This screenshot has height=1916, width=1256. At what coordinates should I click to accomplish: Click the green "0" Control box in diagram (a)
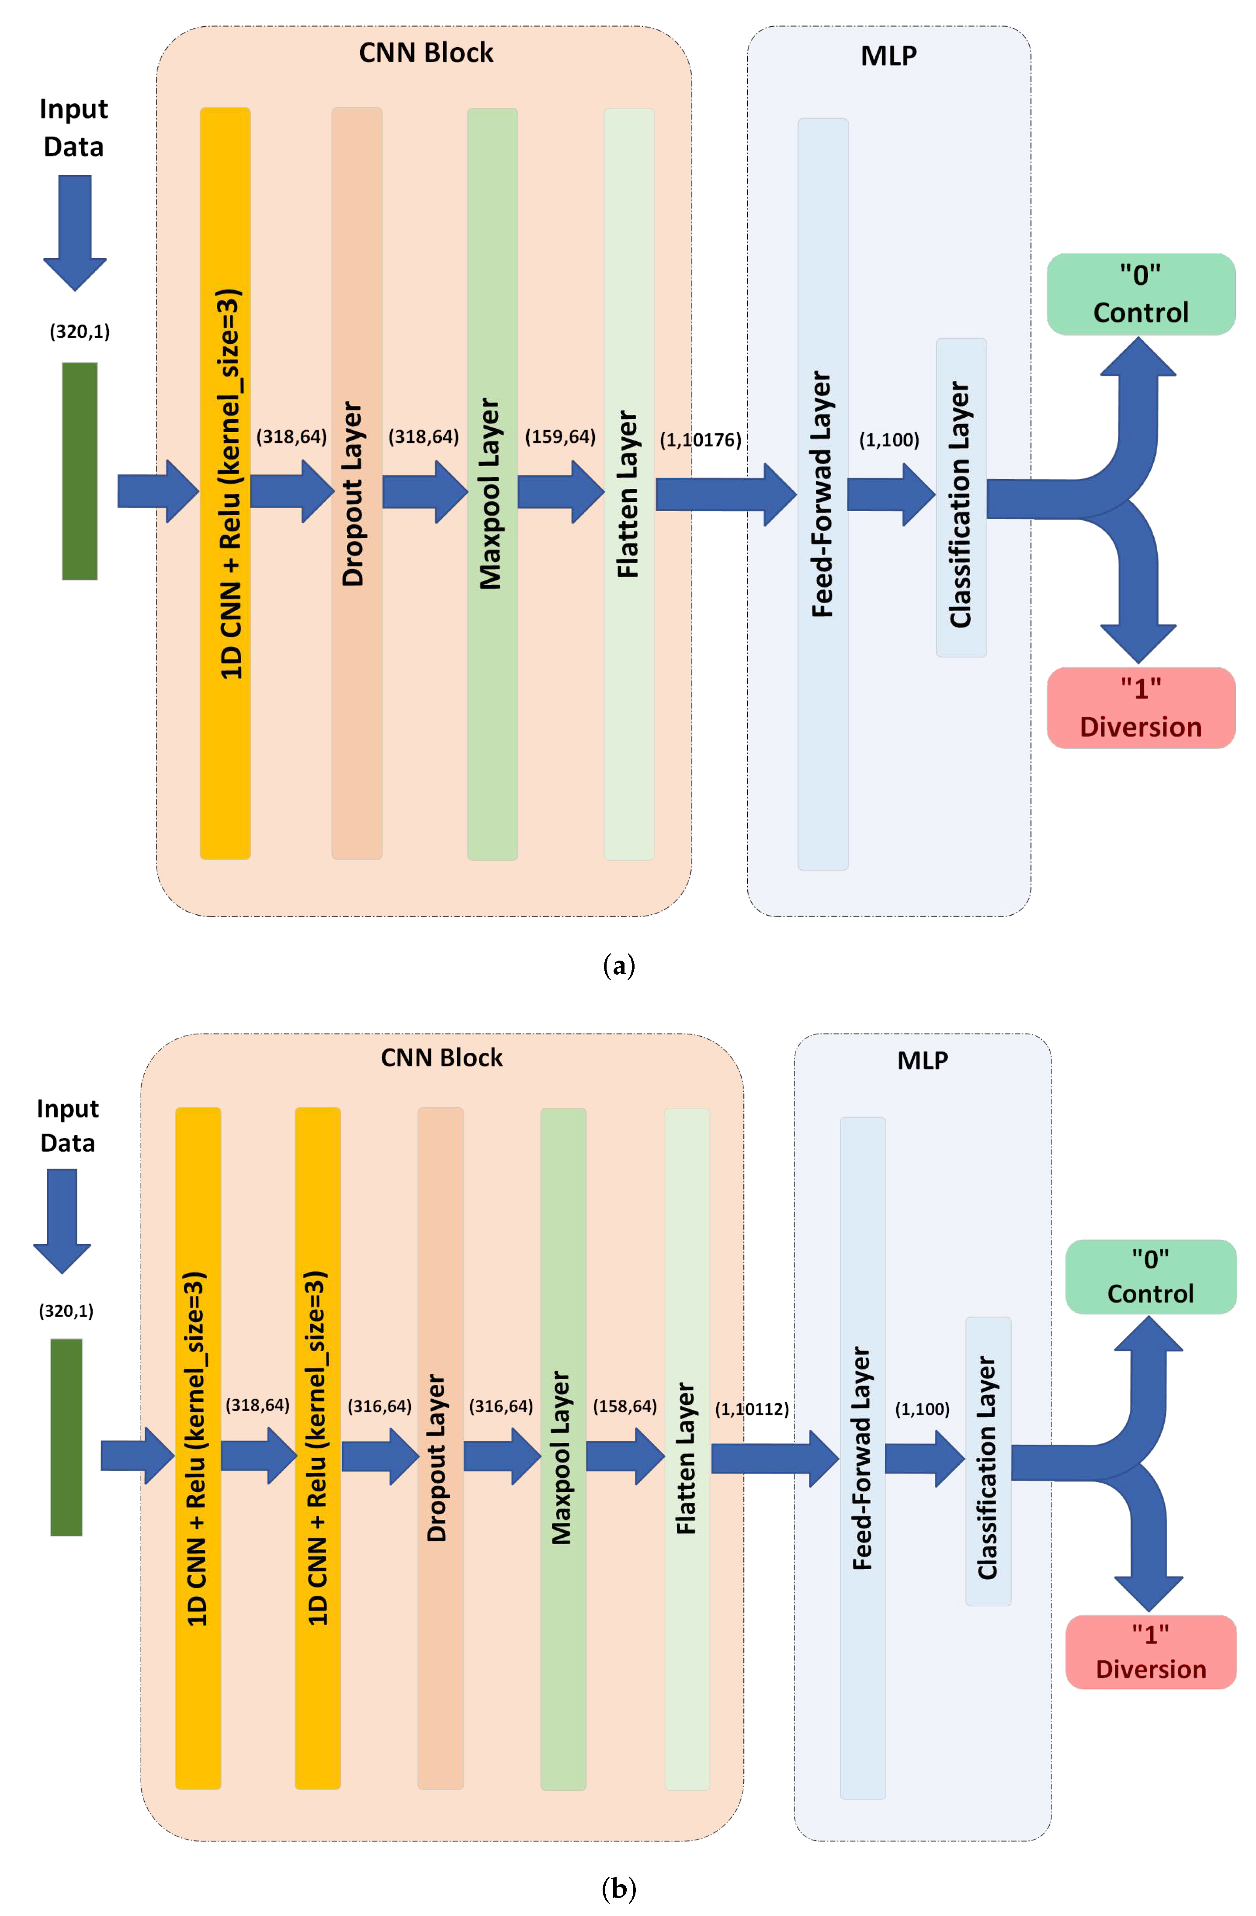[1140, 294]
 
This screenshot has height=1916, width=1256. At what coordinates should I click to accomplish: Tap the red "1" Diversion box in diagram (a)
[1140, 708]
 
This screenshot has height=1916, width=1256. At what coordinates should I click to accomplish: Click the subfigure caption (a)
[618, 965]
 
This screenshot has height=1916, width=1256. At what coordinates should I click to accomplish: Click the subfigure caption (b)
[618, 1888]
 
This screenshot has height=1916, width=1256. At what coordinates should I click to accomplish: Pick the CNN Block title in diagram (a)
[426, 53]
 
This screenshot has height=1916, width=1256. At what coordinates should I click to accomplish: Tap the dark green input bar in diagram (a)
[80, 471]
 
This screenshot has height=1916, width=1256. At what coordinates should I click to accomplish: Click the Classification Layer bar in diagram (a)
[961, 498]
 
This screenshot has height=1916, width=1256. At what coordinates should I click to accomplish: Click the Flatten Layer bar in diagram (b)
[686, 1449]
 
